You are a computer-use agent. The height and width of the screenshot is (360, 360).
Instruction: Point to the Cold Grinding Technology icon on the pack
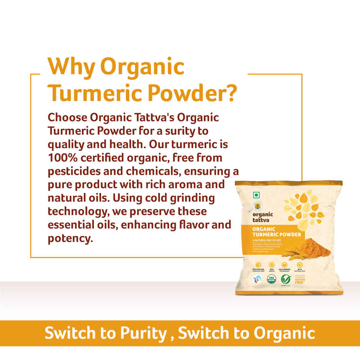click(285, 265)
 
